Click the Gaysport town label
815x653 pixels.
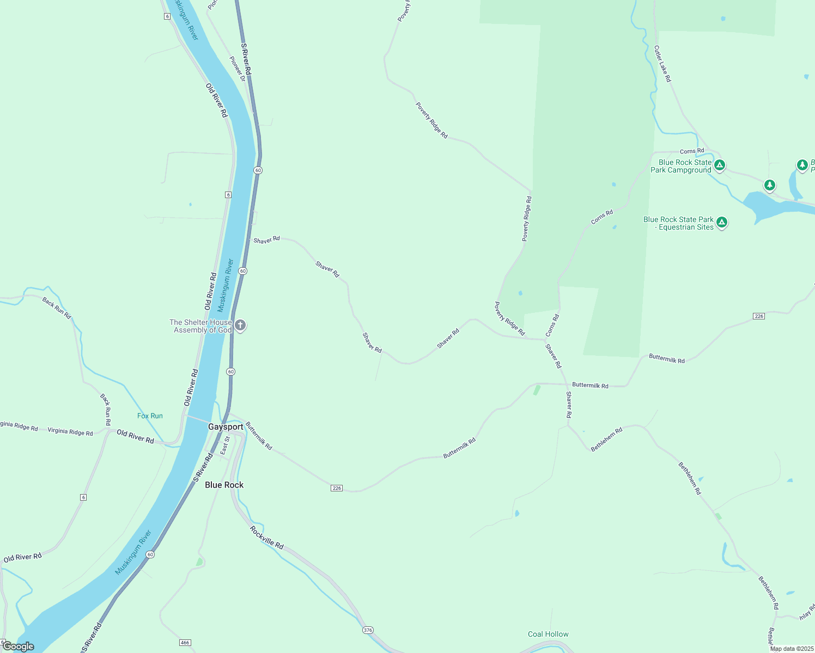pyautogui.click(x=226, y=427)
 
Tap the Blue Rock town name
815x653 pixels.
pyautogui.click(x=224, y=485)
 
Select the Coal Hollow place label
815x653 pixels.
pyautogui.click(x=548, y=634)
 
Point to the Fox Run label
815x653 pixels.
pyautogui.click(x=150, y=416)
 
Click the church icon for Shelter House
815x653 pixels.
pyautogui.click(x=240, y=325)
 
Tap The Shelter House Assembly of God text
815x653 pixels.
pyautogui.click(x=200, y=326)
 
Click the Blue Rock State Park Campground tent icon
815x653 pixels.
pyautogui.click(x=720, y=165)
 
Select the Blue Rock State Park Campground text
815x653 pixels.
pyautogui.click(x=682, y=166)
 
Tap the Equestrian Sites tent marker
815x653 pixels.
pyautogui.click(x=722, y=222)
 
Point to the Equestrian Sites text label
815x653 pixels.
pyautogui.click(x=679, y=223)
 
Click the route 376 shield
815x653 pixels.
pyautogui.click(x=368, y=630)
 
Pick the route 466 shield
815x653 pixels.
pyautogui.click(x=185, y=643)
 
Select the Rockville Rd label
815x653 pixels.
pyautogui.click(x=267, y=537)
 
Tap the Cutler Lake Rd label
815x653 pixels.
pyautogui.click(x=662, y=64)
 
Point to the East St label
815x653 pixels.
pyautogui.click(x=224, y=446)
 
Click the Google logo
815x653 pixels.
pyautogui.click(x=19, y=646)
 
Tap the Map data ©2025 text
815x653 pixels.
pyautogui.click(x=792, y=649)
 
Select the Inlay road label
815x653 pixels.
pyautogui.click(x=807, y=612)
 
